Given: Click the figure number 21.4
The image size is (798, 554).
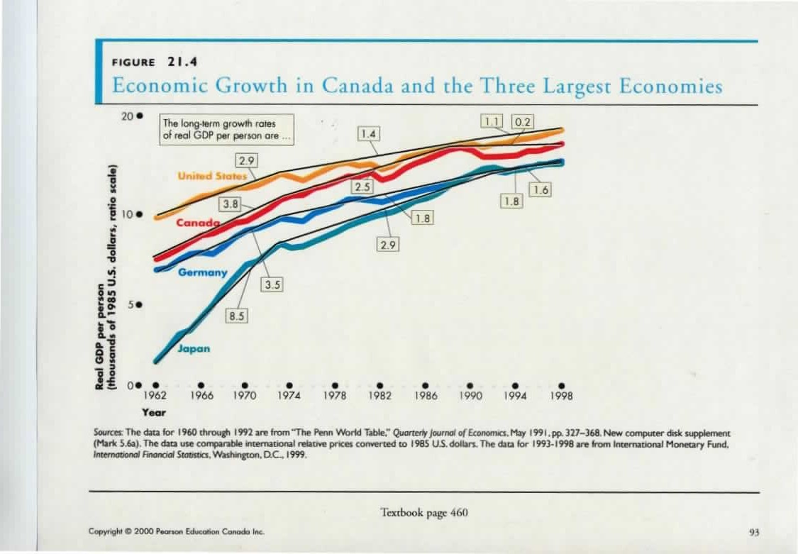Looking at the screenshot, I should click(181, 61).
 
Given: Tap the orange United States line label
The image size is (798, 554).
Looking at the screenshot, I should click(212, 175).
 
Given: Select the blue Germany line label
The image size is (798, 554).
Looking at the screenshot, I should click(203, 272).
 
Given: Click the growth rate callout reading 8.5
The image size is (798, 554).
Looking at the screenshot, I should click(236, 316).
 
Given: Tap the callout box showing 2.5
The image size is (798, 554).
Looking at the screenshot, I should click(363, 187).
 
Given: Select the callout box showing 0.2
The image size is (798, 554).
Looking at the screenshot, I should click(523, 121).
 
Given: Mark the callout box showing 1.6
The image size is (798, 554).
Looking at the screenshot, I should click(541, 189).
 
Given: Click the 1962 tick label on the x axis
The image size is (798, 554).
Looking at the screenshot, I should click(155, 397).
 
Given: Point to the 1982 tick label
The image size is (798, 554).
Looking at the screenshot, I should click(379, 397).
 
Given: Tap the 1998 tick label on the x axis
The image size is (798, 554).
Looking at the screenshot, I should click(560, 397).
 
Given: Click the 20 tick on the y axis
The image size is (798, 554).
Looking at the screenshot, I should click(128, 115).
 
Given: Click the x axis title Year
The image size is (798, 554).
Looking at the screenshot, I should click(153, 411).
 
